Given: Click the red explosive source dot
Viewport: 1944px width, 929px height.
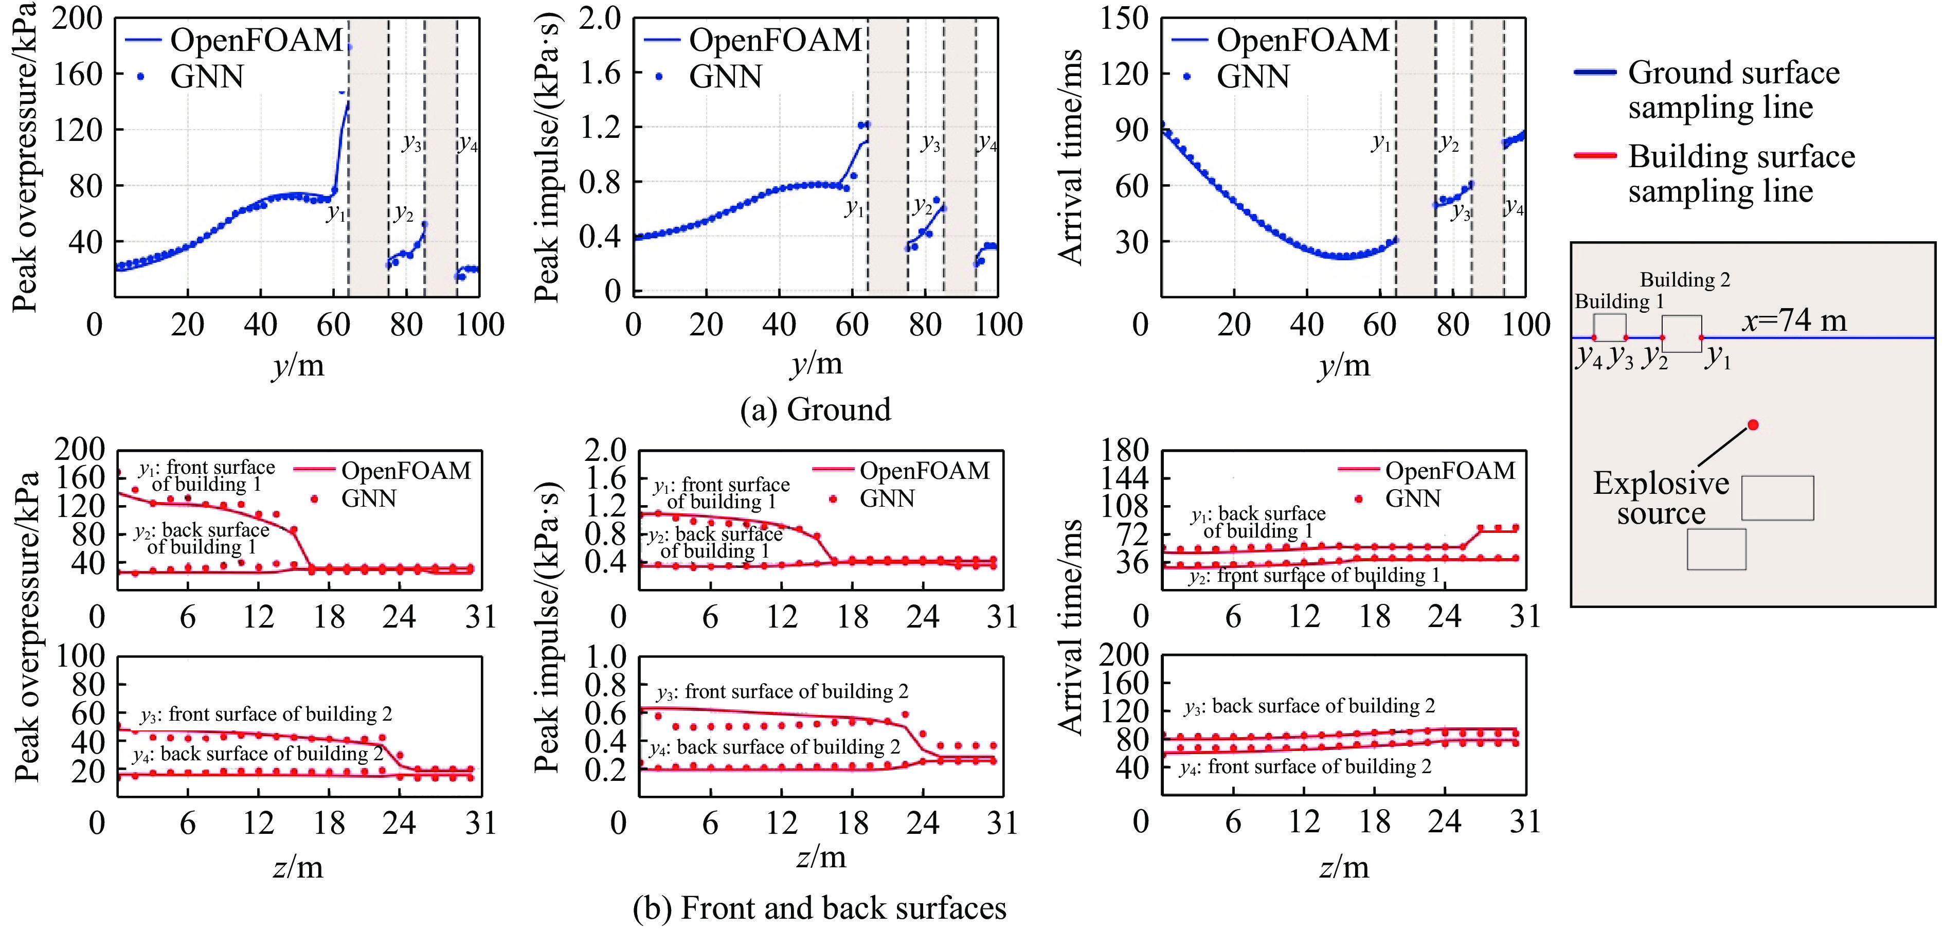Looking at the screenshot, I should [1753, 425].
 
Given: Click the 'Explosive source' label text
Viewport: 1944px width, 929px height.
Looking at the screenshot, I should [1661, 498].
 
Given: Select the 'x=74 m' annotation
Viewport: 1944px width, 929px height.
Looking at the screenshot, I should [1794, 321].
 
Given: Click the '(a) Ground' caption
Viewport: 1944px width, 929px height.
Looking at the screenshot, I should [815, 410].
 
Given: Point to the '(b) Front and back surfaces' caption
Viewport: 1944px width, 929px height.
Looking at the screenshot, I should [820, 908].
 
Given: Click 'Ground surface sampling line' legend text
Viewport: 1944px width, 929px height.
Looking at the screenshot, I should [1734, 90].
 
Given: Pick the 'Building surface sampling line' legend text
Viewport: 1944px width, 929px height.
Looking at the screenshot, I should [1741, 173].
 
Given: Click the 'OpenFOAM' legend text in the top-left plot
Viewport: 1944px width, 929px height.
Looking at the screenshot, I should [257, 40].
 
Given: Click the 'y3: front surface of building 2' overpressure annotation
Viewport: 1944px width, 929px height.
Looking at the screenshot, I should [266, 714].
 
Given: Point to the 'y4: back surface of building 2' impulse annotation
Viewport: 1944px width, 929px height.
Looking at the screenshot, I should [775, 747].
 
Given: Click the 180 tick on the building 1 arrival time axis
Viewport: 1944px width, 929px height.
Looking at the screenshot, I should [1124, 451].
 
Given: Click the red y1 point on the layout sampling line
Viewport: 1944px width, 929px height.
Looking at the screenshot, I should [1701, 337].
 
